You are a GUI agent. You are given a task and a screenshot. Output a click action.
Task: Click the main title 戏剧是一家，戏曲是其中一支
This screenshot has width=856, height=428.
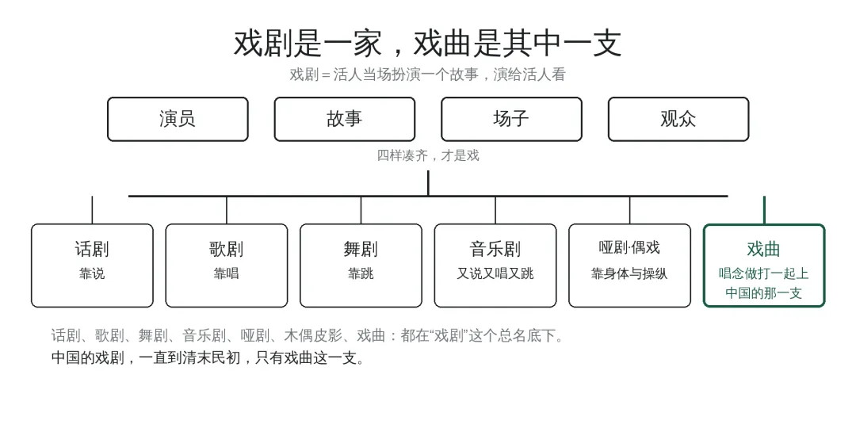click(427, 44)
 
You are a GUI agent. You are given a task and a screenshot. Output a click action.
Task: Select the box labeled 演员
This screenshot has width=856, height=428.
click(178, 119)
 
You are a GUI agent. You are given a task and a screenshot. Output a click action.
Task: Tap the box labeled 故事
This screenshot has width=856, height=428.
click(345, 119)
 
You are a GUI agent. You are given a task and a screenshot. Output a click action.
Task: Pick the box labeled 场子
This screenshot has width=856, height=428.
click(511, 119)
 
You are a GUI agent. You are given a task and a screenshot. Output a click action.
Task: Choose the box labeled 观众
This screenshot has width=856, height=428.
click(678, 119)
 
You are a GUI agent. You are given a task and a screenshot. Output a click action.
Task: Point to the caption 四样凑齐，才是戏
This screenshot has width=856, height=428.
click(428, 155)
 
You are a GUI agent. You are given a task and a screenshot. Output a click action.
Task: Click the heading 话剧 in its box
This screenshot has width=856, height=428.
click(92, 249)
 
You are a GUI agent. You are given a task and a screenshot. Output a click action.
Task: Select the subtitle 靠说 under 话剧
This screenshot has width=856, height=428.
click(92, 273)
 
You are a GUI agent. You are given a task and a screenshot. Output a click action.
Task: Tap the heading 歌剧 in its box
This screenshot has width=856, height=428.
click(227, 249)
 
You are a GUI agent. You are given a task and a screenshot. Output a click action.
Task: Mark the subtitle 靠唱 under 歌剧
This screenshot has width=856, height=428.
click(227, 273)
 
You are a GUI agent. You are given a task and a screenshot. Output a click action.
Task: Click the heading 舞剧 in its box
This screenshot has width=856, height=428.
click(361, 249)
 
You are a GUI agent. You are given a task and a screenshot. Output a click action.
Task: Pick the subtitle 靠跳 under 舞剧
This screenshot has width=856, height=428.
click(361, 273)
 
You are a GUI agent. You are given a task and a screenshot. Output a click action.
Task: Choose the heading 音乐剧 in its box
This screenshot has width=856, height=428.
click(495, 249)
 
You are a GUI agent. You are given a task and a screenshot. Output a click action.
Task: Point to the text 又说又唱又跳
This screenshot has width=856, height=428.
click(495, 273)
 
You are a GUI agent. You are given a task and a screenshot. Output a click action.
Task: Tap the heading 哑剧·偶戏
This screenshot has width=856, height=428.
click(629, 248)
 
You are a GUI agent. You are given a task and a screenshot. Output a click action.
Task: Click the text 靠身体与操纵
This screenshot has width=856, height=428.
click(629, 273)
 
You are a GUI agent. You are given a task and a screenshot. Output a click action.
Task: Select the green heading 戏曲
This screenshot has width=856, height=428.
click(764, 249)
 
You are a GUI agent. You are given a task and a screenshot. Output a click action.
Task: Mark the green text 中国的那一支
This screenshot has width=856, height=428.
click(764, 293)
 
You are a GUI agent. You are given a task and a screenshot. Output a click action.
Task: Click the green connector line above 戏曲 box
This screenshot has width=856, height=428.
click(764, 210)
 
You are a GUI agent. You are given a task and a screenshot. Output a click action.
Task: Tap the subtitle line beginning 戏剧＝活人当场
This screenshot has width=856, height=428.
click(427, 75)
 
